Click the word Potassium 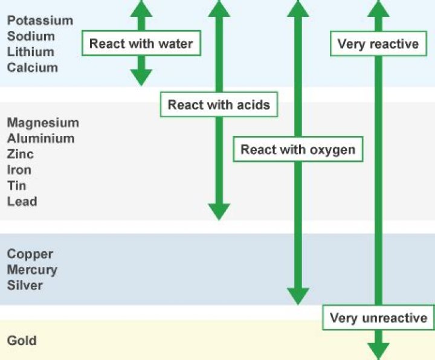coord(40,21)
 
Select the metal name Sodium coord(31,36)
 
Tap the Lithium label coord(30,52)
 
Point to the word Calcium coord(33,68)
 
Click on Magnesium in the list coord(43,123)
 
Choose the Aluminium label coord(41,138)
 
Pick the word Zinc coord(21,154)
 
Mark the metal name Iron coord(19,170)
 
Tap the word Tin coord(17,185)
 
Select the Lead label coord(22,201)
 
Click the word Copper coord(30,254)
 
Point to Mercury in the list coord(32,270)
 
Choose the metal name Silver coord(25,286)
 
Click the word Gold coord(22,341)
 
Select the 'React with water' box coord(141,43)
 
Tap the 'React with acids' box coord(219,105)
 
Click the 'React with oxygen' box coord(298,149)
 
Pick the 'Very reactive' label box coord(378,43)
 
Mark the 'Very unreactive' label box coord(379,318)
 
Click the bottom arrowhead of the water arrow coord(141,77)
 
